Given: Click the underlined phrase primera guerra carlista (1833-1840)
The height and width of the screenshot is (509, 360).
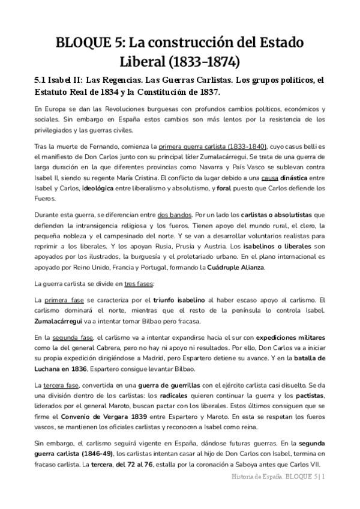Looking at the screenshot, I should [202, 146].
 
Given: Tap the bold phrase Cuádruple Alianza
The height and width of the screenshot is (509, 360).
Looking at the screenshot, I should [232, 267].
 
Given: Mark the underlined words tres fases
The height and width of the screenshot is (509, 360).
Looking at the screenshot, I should [139, 283].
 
